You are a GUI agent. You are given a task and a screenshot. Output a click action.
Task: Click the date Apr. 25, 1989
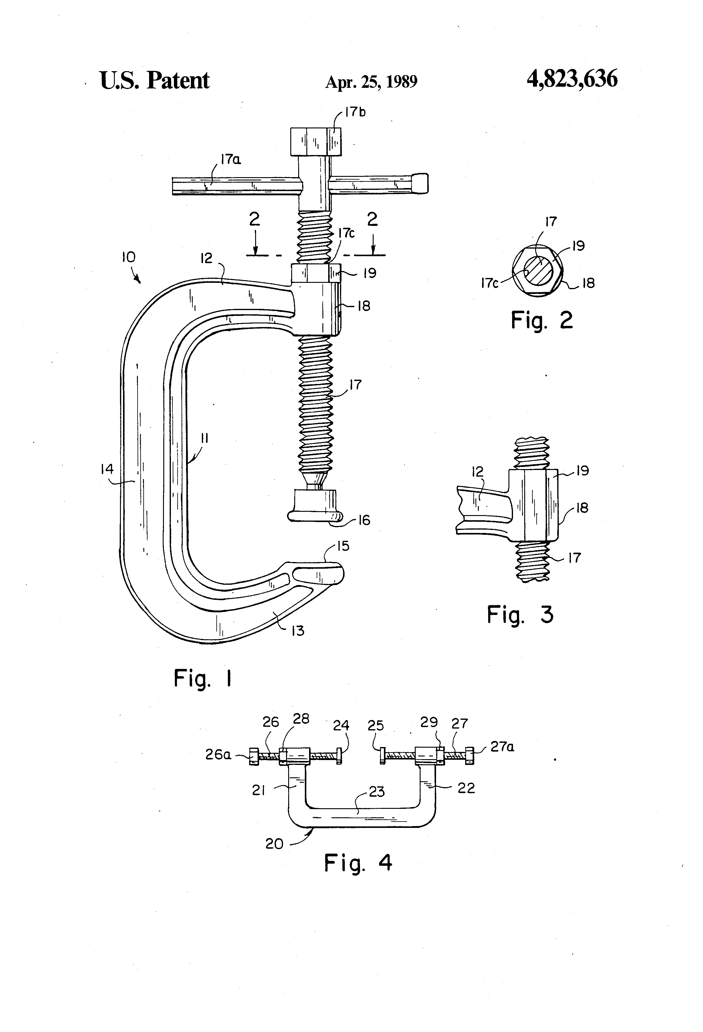371,82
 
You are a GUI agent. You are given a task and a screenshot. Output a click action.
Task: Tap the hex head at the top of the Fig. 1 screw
316,141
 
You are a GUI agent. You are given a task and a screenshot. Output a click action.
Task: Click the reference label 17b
355,112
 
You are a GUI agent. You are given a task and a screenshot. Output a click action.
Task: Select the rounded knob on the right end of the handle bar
421,183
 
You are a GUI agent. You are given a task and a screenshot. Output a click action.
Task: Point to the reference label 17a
231,159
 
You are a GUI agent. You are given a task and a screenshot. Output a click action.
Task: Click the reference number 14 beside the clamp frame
107,469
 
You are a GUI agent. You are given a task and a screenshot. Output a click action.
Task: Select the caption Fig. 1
203,679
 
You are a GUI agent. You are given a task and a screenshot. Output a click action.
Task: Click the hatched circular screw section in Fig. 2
538,270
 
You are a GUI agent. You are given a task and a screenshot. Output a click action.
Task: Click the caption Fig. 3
520,615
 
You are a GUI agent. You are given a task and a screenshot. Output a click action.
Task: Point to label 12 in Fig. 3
477,471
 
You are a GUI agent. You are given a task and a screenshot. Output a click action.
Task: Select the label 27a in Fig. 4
502,747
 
